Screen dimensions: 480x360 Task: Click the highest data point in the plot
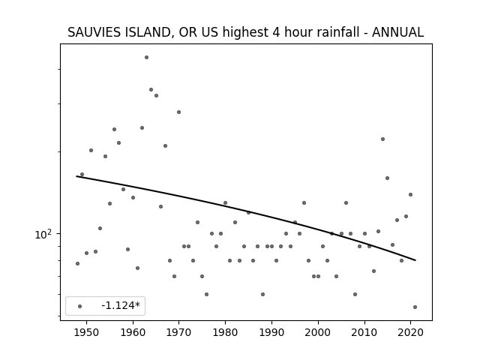[x=147, y=57]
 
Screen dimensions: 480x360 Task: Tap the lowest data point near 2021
[x=415, y=307]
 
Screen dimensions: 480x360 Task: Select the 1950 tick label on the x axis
[x=87, y=332]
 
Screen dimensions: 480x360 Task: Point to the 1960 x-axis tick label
[x=133, y=332]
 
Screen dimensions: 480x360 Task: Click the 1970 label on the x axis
[x=179, y=332]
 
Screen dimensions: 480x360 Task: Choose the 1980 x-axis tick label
[x=225, y=332]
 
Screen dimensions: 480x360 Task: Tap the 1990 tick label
[x=271, y=332]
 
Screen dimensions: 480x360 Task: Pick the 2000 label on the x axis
[x=318, y=332]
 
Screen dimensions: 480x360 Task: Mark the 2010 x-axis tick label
[x=364, y=332]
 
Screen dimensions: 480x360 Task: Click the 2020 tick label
[x=410, y=332]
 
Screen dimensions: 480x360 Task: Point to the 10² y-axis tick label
[x=43, y=234]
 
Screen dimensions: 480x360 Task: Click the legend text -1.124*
[x=121, y=305]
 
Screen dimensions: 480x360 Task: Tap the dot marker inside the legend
[x=80, y=306]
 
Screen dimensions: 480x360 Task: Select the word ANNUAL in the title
[x=397, y=32]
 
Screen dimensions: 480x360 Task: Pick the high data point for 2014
[x=382, y=139]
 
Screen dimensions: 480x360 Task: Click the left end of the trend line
[x=76, y=176]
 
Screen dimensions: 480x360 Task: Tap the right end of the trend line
[x=415, y=260]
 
